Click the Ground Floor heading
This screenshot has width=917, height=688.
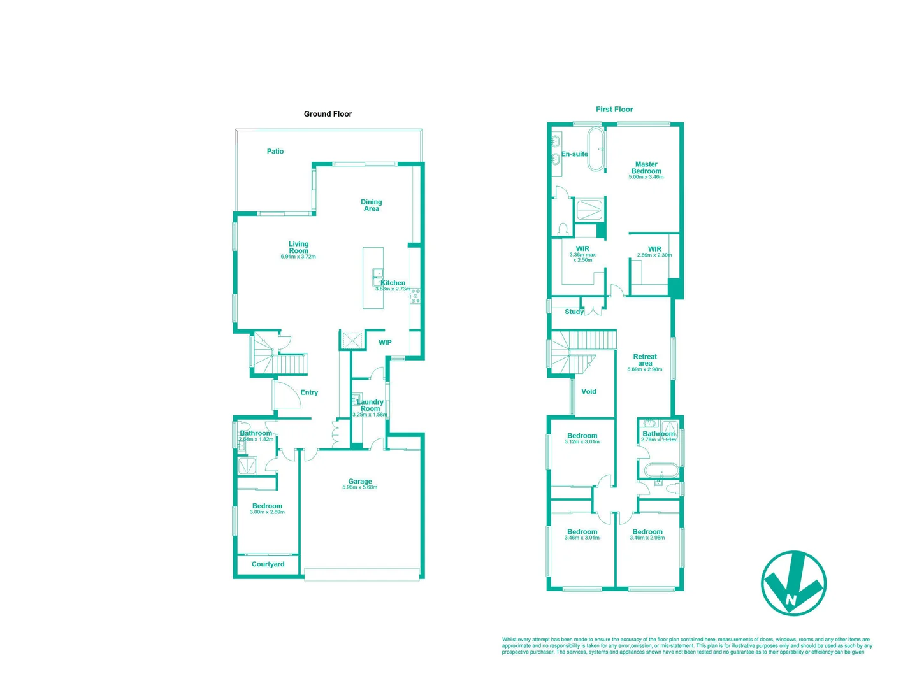[328, 114]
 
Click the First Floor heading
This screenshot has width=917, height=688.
[614, 110]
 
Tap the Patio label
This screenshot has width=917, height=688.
[275, 152]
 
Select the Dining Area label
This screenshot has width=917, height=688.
[372, 205]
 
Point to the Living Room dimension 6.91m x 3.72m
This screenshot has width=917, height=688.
[298, 257]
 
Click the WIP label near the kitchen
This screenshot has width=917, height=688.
[385, 343]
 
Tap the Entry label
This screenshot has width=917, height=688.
[309, 392]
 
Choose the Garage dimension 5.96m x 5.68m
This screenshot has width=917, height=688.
[360, 487]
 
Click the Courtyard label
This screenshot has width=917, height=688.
[268, 564]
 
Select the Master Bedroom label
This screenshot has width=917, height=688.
[646, 168]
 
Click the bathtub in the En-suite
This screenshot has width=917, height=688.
[596, 150]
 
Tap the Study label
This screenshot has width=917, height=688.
[574, 312]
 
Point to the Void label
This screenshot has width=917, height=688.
[589, 392]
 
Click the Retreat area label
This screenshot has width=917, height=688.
[645, 360]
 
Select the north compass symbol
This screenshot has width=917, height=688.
[793, 584]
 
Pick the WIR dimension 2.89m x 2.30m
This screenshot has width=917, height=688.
[654, 255]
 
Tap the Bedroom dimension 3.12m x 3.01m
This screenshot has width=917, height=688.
[582, 442]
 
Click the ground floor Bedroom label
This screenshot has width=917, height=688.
[267, 506]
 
